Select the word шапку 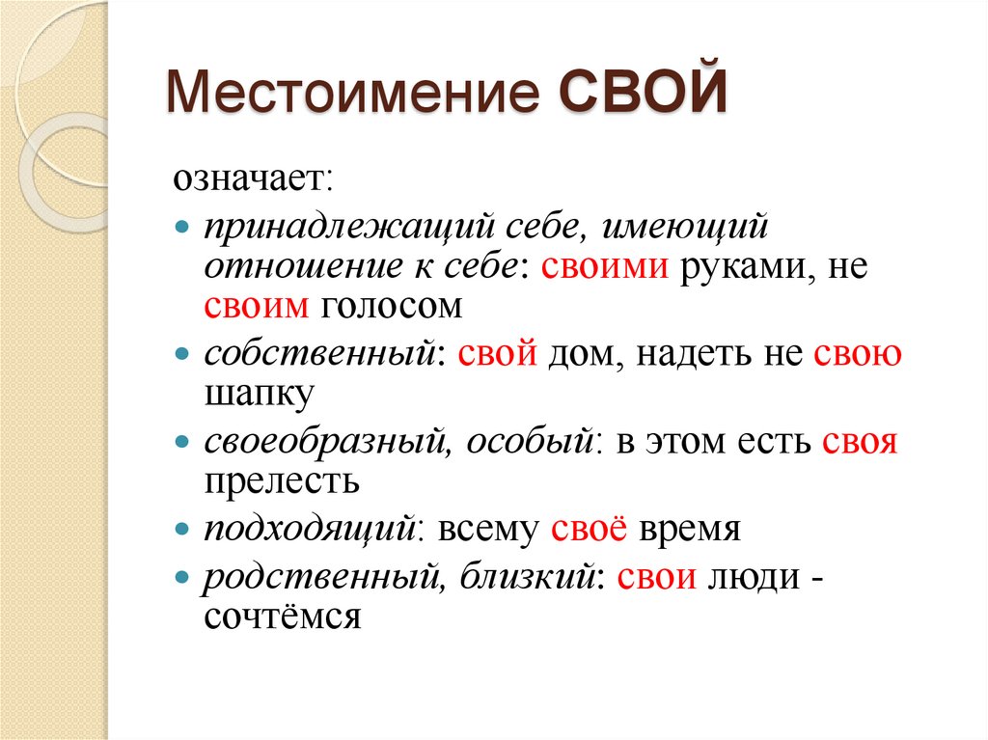(258, 395)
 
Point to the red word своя (860, 442)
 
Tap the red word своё (590, 528)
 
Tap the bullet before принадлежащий (183, 225)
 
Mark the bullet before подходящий (183, 529)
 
